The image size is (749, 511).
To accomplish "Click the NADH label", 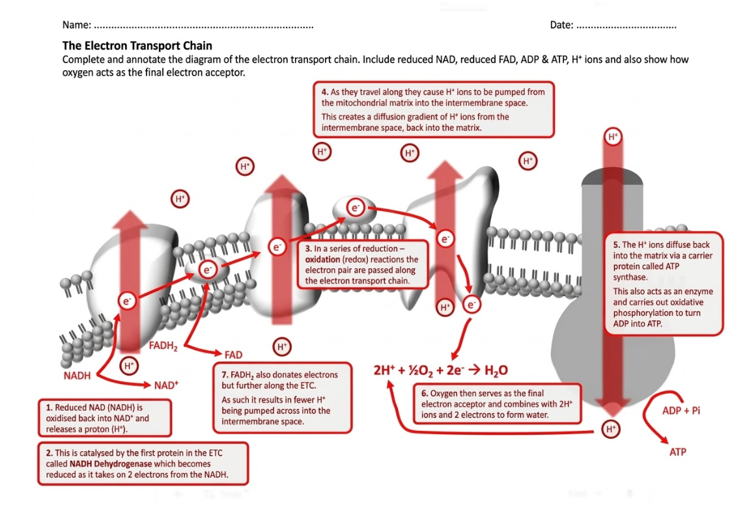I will tap(77, 376).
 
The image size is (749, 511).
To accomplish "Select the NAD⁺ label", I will tap(166, 385).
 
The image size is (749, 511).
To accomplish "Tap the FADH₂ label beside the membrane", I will tap(163, 346).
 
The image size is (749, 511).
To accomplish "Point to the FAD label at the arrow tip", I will tap(233, 355).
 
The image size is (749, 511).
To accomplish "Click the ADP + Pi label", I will tap(681, 411).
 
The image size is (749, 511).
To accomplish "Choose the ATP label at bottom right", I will tap(677, 452).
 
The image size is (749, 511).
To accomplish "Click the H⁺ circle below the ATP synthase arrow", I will tap(610, 429).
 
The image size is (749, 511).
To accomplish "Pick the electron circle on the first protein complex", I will tap(126, 300).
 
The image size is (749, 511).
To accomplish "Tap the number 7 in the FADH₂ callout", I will tap(225, 375).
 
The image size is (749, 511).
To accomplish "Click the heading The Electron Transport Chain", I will tap(137, 46).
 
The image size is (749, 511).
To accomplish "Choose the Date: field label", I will tap(561, 25).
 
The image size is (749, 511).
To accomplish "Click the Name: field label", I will tap(76, 25).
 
